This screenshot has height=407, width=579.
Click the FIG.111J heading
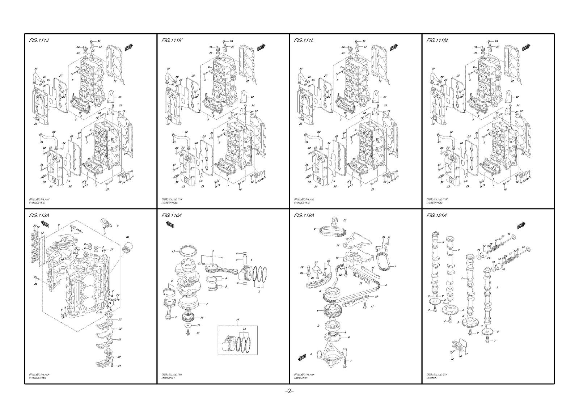39,40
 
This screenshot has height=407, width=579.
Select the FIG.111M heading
437,40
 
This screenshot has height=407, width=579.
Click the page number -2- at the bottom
289,391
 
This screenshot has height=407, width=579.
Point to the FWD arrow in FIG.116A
170,225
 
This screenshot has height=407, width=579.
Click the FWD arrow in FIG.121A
521,226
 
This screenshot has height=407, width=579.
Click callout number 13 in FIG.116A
173,251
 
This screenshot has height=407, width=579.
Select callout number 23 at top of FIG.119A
345,220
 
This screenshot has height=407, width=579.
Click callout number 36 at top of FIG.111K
231,41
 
